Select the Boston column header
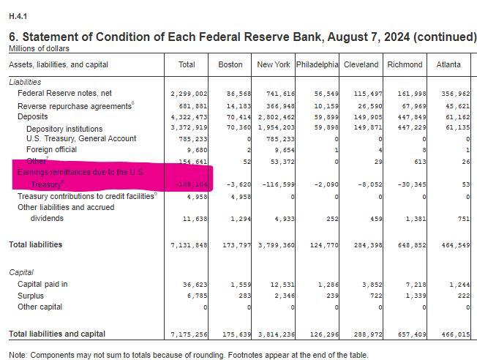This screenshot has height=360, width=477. (x=230, y=64)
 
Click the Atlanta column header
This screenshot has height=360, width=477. (x=448, y=64)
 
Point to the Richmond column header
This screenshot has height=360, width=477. (x=405, y=64)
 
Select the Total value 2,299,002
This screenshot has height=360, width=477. (x=189, y=94)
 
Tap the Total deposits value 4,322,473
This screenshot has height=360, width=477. (x=189, y=116)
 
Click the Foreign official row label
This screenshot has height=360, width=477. (x=51, y=149)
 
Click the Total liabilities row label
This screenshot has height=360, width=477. (x=35, y=244)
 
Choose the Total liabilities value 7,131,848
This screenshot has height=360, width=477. (x=189, y=244)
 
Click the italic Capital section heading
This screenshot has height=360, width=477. (x=22, y=271)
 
